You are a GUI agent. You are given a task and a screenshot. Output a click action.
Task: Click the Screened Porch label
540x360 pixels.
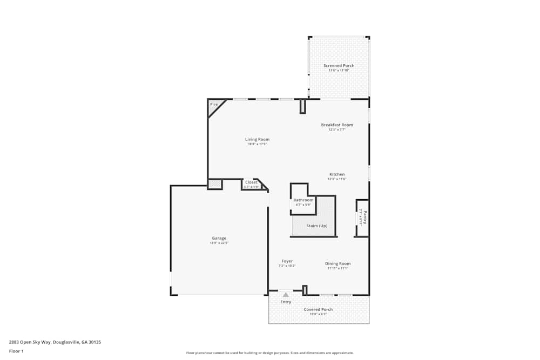(x=339, y=66)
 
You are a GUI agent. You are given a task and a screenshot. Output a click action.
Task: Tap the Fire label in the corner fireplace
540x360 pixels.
(x=214, y=104)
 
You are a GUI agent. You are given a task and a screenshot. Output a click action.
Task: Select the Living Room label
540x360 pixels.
(x=257, y=139)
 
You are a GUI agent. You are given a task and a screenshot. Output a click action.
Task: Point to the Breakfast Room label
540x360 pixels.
(x=337, y=125)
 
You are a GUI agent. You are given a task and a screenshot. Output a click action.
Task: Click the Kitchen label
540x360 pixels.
(x=337, y=174)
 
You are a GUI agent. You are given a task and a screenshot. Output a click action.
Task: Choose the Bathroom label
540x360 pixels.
(x=303, y=200)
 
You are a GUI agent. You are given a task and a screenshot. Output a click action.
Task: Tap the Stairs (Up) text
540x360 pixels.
(x=316, y=226)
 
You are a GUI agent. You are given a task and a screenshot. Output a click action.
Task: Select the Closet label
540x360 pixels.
(x=252, y=182)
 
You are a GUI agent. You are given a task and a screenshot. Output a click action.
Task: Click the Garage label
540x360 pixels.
(x=219, y=238)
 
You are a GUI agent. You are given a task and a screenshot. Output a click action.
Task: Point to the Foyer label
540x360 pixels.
(x=287, y=261)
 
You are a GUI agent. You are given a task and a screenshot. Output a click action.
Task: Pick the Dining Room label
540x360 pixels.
(x=337, y=263)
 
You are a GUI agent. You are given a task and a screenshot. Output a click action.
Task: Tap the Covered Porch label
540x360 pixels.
(x=318, y=309)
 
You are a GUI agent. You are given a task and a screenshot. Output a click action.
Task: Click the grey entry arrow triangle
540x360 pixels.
(x=286, y=295)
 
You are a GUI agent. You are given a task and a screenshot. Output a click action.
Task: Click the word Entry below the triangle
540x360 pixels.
(x=286, y=302)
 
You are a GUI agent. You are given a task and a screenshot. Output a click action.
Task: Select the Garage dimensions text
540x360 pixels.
(x=219, y=243)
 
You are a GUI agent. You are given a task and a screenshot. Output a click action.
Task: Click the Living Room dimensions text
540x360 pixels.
(x=257, y=144)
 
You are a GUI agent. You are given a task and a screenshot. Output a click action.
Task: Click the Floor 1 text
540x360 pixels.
(x=16, y=351)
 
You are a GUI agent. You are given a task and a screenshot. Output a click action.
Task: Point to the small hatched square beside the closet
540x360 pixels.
(x=215, y=185)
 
